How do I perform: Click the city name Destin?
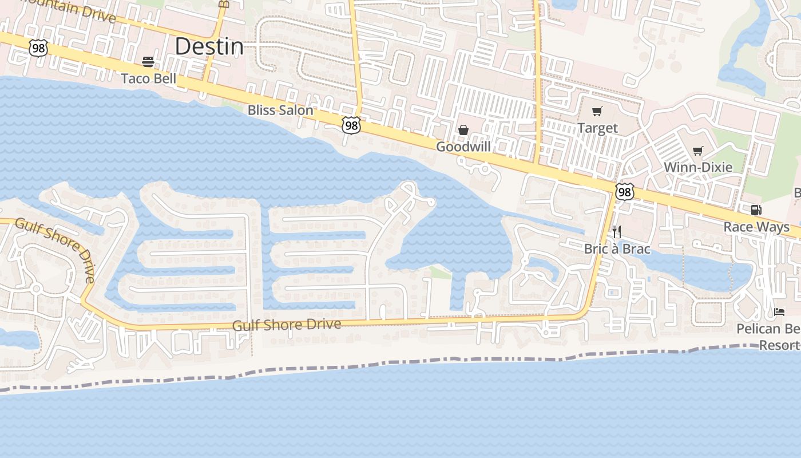pos(209,46)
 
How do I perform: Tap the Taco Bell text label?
pos(149,78)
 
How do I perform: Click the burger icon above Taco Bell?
pos(148,61)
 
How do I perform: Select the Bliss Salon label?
pos(280,110)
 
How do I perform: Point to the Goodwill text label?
pos(463,147)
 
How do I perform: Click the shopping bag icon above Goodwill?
pos(463,130)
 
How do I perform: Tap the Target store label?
pos(597,128)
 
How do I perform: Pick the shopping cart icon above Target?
pos(597,111)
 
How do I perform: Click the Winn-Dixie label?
pos(698,167)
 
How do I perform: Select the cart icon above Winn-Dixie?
pos(697,151)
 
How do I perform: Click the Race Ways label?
pos(756,227)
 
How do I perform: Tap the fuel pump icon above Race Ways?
pos(756,210)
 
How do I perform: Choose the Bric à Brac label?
pos(617,249)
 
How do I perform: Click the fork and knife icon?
pos(617,231)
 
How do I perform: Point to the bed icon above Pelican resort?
pos(779,311)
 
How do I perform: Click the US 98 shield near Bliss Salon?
pos(351,125)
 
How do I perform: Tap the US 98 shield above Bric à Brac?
pos(624,192)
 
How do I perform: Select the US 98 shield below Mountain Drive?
pos(38,48)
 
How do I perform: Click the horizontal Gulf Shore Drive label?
pos(287,325)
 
